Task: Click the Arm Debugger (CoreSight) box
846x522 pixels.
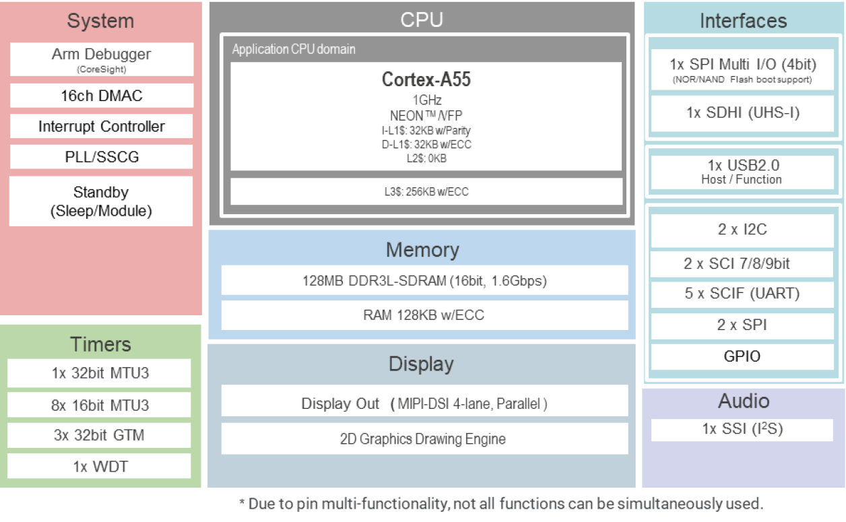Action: coord(101,59)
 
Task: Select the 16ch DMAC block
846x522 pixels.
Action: coord(101,96)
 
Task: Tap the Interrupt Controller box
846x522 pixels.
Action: coord(101,127)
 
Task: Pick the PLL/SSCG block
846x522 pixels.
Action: coord(101,157)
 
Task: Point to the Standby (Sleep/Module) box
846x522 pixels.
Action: coord(101,201)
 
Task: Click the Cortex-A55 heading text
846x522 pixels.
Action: coord(426,80)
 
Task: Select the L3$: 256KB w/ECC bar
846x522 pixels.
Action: coord(426,192)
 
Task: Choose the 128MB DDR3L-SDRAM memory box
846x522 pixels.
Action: coord(424,281)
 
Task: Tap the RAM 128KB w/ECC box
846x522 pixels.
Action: coord(424,315)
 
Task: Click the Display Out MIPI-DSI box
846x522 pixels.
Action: coord(424,403)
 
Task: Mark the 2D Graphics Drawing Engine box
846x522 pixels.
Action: coord(424,439)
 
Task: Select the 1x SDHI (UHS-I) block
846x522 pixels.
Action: coord(743,113)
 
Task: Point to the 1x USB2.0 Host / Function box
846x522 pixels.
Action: coord(743,172)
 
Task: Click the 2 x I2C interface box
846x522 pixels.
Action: coord(743,230)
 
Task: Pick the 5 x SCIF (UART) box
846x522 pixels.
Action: coord(743,294)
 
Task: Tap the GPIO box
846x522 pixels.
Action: coord(743,356)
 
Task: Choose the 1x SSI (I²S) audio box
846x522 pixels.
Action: coord(743,429)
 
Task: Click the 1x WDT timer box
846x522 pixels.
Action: coord(100,466)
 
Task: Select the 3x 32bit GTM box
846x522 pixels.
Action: coord(100,435)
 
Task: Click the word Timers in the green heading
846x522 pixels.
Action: coord(100,345)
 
